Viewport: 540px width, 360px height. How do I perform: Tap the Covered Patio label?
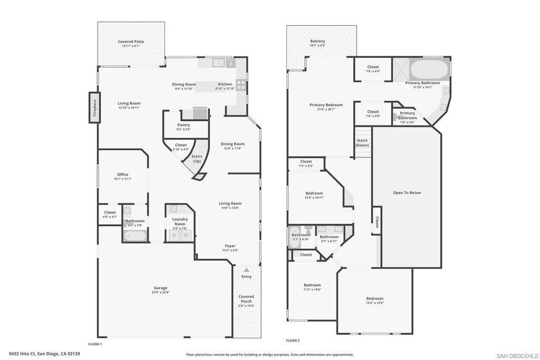tap(131, 42)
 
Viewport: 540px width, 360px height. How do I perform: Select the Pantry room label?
tap(184, 125)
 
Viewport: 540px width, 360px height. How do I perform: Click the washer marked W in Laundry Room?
tap(186, 235)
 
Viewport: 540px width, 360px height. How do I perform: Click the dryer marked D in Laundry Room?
tap(175, 235)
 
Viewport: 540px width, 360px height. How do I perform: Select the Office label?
tap(122, 174)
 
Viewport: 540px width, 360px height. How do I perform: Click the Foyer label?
tap(230, 246)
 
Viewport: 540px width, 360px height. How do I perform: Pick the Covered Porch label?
tap(246, 299)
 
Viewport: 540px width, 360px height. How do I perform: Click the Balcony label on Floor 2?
tap(317, 41)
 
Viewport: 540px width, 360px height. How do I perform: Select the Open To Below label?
tap(407, 192)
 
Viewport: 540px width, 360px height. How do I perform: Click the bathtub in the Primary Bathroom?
tap(429, 70)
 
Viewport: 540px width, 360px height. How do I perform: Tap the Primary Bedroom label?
tap(326, 105)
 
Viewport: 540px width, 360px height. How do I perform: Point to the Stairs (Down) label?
tap(362, 143)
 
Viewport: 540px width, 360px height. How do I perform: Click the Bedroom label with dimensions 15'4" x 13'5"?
tap(375, 298)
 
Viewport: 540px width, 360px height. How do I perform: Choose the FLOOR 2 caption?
tap(293, 341)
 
